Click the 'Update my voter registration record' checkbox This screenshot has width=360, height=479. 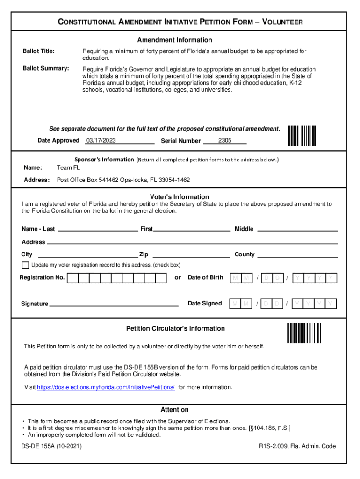25,265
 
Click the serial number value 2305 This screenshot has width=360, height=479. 225,140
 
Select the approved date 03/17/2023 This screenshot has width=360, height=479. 101,140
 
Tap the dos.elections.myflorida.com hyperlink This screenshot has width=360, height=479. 106,387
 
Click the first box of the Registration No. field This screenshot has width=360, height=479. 72,278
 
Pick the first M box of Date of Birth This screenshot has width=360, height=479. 234,278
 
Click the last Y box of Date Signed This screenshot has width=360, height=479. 331,304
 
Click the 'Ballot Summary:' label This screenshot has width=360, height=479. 46,69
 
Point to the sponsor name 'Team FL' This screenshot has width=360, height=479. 68,167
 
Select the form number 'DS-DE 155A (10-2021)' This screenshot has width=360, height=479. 51,446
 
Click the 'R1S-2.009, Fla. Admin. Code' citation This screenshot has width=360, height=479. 297,446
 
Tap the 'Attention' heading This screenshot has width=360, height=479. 174,409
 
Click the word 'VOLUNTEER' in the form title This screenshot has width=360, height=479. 282,22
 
